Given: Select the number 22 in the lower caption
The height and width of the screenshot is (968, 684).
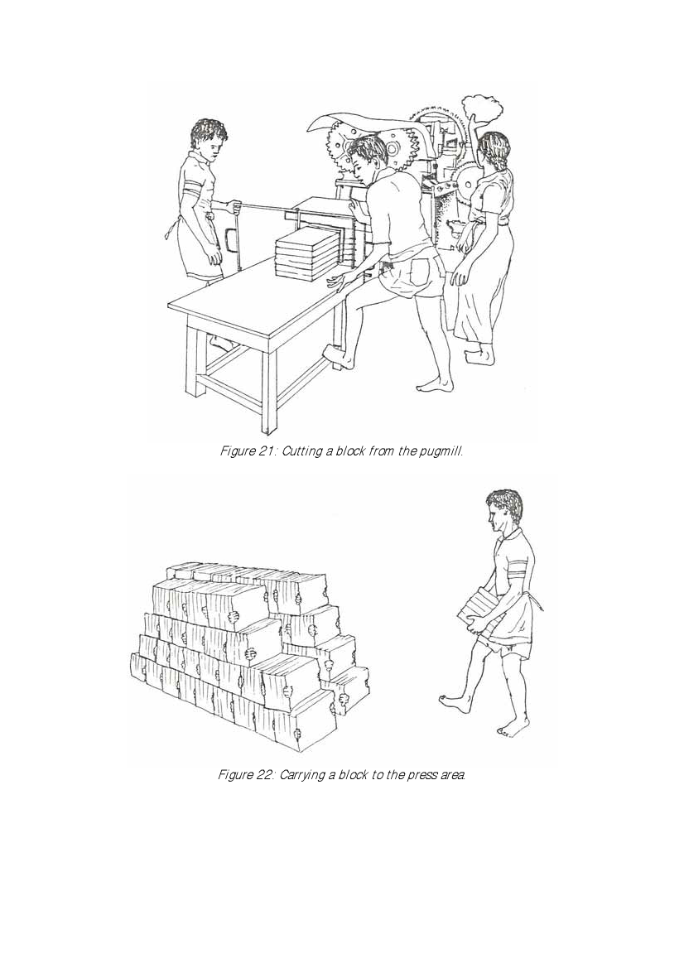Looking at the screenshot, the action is [263, 775].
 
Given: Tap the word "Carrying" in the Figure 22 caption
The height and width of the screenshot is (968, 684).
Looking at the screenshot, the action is [302, 775].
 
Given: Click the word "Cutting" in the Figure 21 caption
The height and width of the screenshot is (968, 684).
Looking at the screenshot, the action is [300, 451].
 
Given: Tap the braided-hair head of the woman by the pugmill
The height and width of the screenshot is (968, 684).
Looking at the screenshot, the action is [494, 152].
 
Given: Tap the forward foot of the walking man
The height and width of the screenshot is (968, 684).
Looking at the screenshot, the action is [455, 702].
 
